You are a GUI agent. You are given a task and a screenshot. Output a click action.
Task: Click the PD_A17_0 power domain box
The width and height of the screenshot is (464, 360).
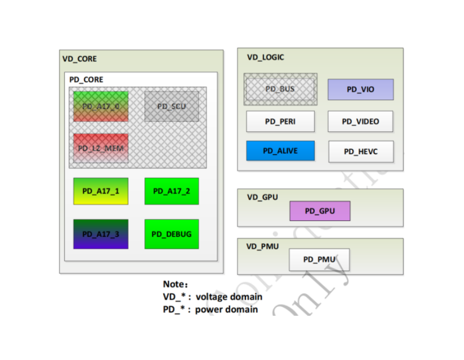(x=101, y=106)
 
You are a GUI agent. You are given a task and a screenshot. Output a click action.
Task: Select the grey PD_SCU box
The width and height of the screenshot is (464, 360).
(x=172, y=106)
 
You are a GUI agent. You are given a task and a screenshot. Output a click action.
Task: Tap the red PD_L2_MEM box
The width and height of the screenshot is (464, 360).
(x=101, y=148)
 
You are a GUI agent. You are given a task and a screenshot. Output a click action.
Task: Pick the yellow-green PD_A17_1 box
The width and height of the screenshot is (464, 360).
(x=101, y=191)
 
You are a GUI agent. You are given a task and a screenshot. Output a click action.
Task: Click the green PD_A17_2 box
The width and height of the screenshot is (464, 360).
(x=172, y=191)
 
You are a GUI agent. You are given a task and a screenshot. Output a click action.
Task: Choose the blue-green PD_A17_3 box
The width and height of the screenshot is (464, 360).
(x=101, y=234)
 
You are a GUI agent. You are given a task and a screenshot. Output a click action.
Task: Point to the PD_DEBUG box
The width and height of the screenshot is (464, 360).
(x=172, y=234)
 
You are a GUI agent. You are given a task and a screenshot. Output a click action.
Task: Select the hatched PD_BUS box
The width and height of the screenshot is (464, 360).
(x=280, y=89)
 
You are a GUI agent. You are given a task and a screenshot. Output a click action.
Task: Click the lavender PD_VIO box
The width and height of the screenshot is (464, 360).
(x=361, y=89)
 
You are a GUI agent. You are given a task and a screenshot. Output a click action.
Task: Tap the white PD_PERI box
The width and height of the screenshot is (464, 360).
(x=280, y=121)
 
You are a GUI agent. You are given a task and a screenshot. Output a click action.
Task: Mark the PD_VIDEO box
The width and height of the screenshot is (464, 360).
(x=361, y=121)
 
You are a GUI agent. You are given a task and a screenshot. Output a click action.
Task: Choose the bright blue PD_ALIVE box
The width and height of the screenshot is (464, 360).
(x=280, y=151)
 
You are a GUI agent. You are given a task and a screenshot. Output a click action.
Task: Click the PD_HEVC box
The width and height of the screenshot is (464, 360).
(x=361, y=151)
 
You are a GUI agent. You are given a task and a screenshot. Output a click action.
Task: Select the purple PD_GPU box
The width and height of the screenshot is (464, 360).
(x=320, y=211)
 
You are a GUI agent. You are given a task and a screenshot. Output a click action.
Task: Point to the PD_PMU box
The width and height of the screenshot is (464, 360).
(x=319, y=259)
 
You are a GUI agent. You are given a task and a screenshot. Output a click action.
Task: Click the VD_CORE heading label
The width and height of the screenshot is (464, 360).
(x=79, y=59)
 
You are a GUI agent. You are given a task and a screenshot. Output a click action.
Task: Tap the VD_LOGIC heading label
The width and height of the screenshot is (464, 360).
(x=266, y=57)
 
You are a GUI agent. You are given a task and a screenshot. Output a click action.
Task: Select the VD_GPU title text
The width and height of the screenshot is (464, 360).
(x=262, y=197)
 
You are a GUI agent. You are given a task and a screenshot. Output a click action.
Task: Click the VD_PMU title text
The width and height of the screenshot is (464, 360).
(x=263, y=246)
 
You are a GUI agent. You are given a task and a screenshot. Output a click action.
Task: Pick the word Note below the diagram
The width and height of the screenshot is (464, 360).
(x=175, y=284)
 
